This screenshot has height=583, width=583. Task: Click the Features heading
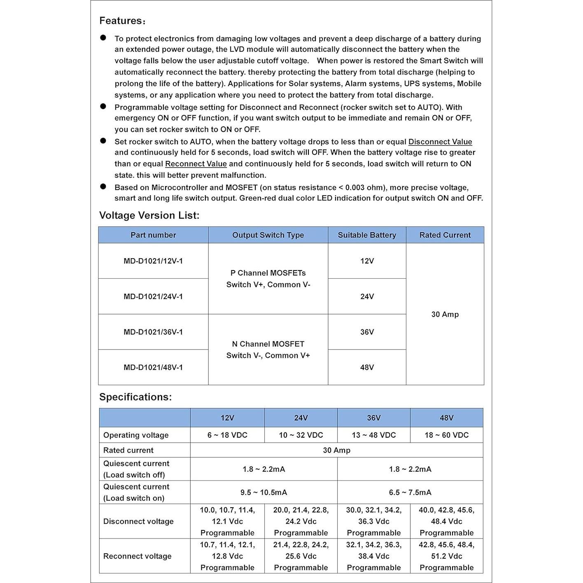[x=122, y=21]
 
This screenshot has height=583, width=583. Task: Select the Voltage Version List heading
[x=149, y=215]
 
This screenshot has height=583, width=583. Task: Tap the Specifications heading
[x=135, y=397]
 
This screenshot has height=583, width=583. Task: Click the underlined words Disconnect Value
[x=440, y=142]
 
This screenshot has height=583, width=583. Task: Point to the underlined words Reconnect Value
[x=196, y=164]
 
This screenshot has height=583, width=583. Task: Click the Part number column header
[x=153, y=235]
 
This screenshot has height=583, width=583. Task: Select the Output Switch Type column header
[x=268, y=235]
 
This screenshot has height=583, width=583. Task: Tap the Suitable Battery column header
[x=367, y=235]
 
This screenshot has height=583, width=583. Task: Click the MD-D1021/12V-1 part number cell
[x=153, y=261]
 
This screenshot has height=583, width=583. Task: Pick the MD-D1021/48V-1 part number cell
[x=153, y=367]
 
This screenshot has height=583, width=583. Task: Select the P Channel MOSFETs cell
[x=268, y=279]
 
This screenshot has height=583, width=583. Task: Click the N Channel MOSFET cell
[x=268, y=350]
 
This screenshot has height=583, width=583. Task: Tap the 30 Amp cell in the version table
[x=445, y=314]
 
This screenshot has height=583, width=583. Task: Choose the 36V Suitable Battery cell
[x=367, y=332]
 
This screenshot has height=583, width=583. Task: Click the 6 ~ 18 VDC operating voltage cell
[x=227, y=435]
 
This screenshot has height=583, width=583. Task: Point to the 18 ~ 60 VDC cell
[x=446, y=435]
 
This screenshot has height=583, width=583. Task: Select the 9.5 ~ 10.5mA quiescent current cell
[x=264, y=492]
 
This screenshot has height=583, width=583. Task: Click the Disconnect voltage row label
[x=138, y=521]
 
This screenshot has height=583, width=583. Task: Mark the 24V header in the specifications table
[x=301, y=418]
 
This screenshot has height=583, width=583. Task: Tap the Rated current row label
[x=128, y=450]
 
